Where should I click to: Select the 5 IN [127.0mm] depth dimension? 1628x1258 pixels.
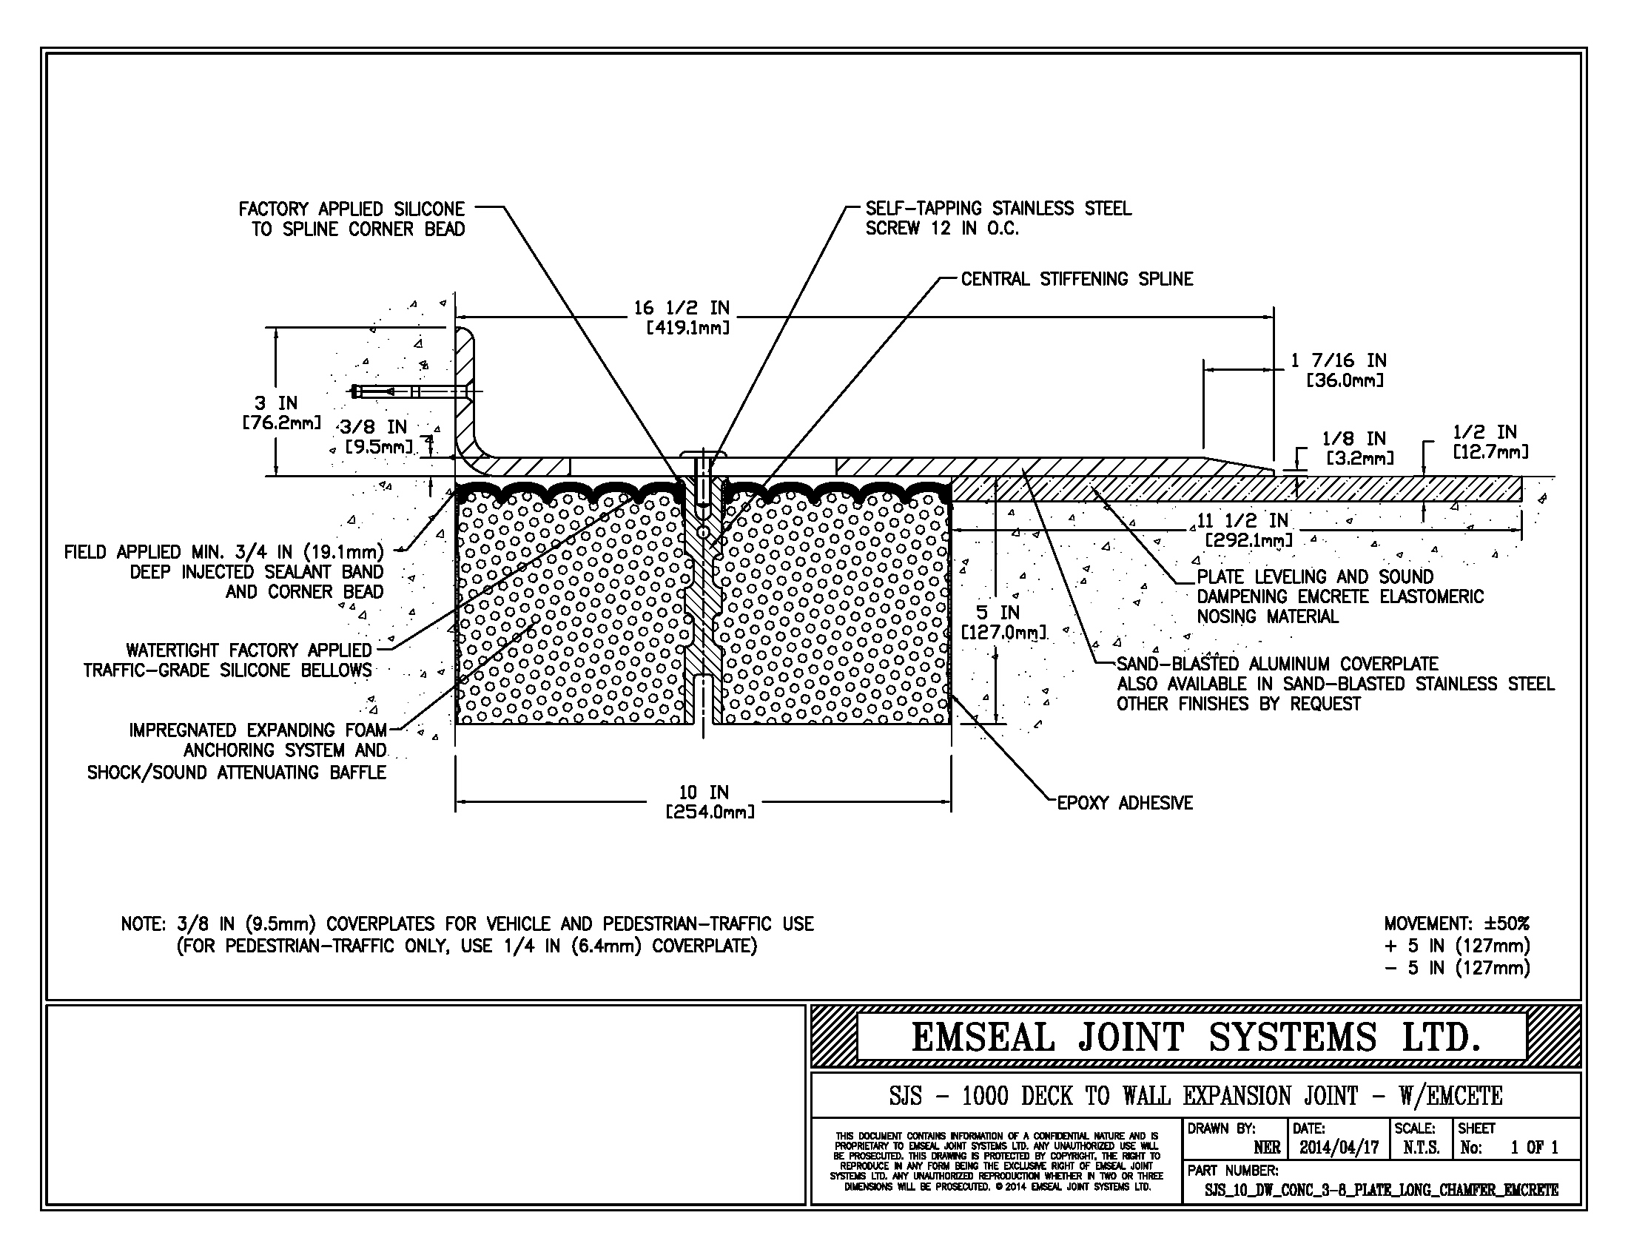[999, 623]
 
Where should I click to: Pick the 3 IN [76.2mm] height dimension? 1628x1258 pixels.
[277, 413]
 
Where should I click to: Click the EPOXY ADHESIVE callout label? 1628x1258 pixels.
[1125, 804]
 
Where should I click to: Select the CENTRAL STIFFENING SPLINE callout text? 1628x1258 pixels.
[1077, 280]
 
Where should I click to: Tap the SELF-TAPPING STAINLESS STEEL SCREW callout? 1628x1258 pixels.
[998, 219]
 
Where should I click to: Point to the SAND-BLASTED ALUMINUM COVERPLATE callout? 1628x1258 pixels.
[1277, 664]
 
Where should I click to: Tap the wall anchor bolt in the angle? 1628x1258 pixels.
[410, 392]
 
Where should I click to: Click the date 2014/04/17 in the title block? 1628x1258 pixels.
[1339, 1148]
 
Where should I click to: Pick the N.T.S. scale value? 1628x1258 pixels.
[1421, 1148]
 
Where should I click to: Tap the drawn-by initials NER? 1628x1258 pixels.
[1266, 1148]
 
